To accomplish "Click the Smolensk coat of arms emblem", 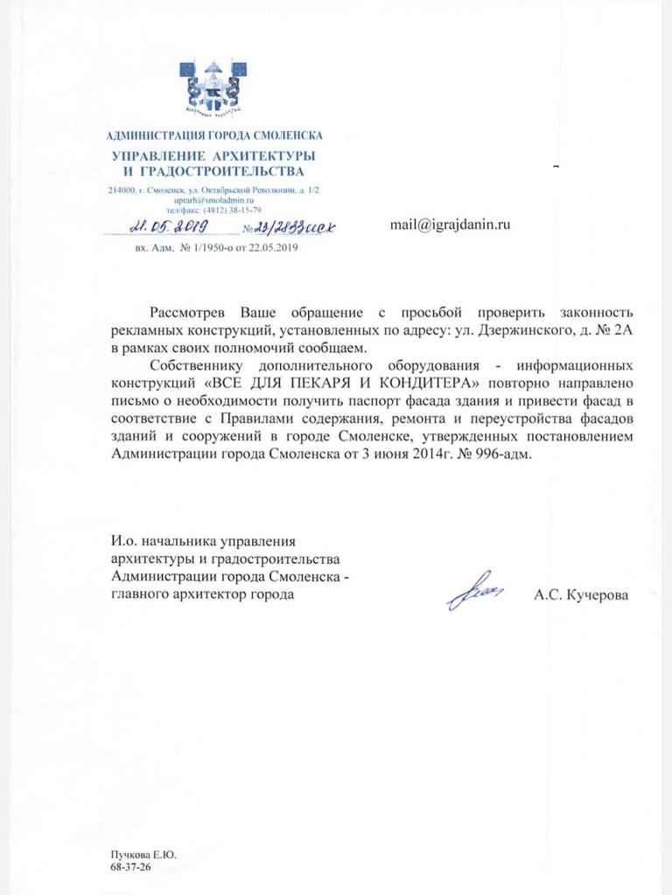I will (x=213, y=89).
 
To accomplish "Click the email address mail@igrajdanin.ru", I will (x=450, y=225).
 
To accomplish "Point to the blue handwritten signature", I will (x=475, y=593).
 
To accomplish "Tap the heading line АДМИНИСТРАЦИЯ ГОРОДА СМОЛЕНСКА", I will (x=213, y=135).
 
